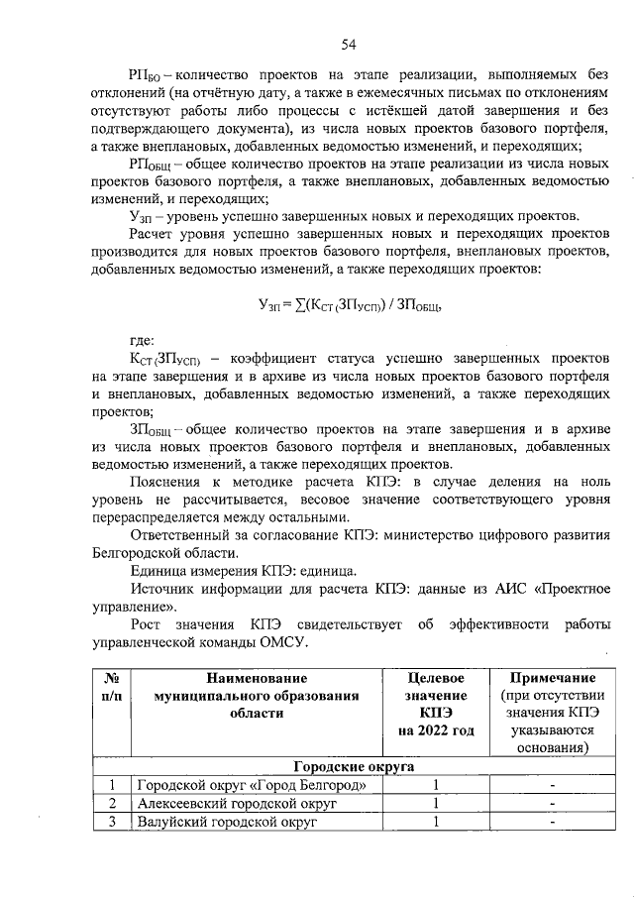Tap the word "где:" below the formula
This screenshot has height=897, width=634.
point(143,339)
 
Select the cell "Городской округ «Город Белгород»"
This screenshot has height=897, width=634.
point(257,785)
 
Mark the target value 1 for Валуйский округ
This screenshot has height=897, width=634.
point(435,822)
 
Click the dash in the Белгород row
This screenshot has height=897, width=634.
point(552,785)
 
